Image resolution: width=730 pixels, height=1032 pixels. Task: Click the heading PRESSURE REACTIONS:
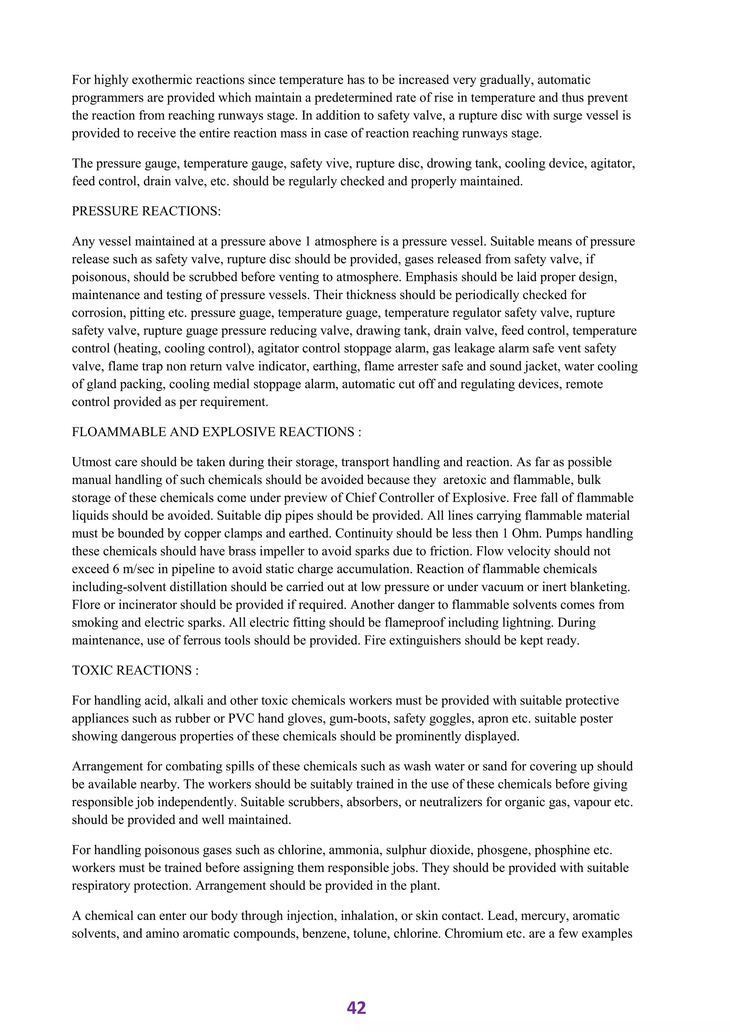[146, 211]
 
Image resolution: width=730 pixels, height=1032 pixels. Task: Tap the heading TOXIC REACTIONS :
[135, 670]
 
